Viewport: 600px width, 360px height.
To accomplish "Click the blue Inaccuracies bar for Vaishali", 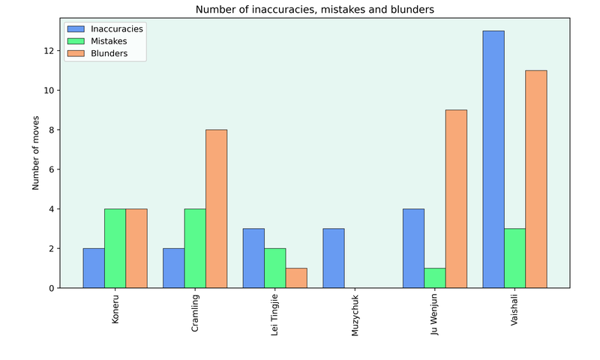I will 493,159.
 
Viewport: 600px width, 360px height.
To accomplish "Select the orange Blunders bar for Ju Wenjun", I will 456,199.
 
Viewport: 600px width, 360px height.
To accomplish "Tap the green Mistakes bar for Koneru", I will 115,248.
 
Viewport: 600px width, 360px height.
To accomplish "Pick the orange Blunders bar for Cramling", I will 216,208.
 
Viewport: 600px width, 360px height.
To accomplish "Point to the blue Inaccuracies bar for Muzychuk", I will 334,258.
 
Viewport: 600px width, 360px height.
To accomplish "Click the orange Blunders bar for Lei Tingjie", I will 296,277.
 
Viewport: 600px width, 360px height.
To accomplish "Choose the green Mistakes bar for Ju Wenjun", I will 435,277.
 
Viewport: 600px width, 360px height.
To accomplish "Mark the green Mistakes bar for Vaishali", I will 514,258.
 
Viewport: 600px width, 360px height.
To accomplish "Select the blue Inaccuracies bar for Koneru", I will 94,268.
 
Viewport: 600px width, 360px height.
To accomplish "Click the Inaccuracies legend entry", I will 115,28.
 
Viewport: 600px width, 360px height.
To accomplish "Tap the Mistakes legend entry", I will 110,41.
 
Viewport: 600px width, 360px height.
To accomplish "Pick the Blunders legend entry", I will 109,54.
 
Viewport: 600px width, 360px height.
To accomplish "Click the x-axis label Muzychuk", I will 355,314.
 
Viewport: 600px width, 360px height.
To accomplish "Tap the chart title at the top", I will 315,10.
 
